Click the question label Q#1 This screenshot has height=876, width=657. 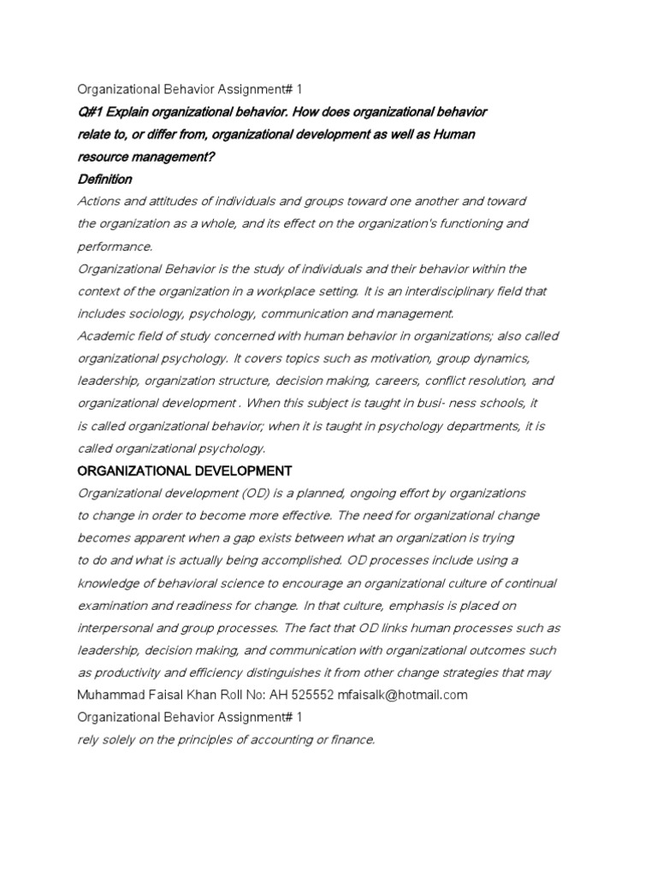click(x=90, y=112)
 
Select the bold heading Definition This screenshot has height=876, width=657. click(x=105, y=179)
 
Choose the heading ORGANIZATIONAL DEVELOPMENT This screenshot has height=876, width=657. click(x=185, y=471)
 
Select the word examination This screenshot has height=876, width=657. click(x=116, y=605)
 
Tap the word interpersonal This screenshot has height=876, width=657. click(x=116, y=627)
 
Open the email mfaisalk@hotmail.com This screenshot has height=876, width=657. click(x=405, y=695)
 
